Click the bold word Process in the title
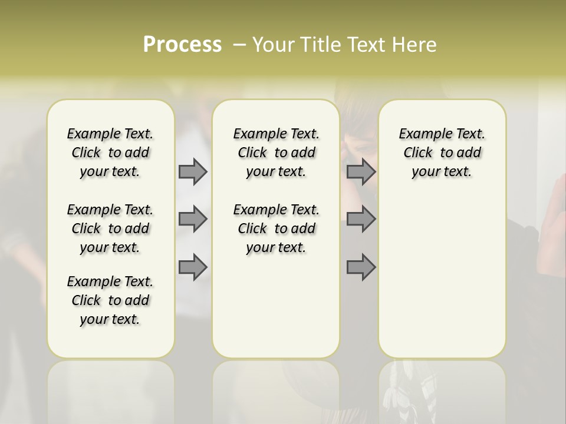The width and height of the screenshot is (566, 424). (182, 44)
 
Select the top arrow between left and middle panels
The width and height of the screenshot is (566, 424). (193, 171)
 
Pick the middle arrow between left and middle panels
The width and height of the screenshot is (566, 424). (193, 219)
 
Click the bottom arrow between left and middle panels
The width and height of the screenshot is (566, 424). (193, 267)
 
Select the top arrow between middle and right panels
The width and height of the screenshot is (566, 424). (361, 171)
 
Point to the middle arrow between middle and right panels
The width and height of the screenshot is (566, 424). (361, 219)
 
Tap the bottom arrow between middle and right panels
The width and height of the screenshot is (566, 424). (361, 267)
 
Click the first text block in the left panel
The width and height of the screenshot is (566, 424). (110, 153)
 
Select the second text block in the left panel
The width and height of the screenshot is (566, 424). (110, 228)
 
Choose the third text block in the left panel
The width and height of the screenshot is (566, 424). (110, 300)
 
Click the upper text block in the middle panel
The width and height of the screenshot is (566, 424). (276, 153)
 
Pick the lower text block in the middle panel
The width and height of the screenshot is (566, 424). (276, 228)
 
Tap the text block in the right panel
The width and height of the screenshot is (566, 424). (442, 153)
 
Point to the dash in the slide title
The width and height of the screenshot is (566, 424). (239, 45)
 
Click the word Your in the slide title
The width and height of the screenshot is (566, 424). (273, 45)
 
